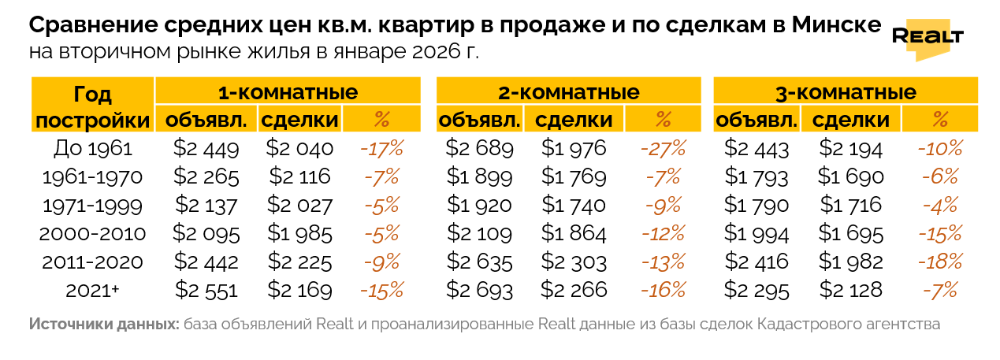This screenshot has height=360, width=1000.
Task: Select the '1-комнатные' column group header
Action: coord(288,92)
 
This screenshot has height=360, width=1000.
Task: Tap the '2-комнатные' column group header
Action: coord(568,92)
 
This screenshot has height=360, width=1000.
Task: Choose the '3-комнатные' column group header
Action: coord(846,92)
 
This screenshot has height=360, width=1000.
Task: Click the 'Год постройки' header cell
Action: coord(93,106)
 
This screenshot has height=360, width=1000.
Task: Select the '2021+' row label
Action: coord(93,290)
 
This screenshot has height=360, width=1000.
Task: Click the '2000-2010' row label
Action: coord(93,233)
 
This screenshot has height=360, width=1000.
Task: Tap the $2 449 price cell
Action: coord(206,148)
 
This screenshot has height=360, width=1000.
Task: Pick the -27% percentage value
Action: coord(663,148)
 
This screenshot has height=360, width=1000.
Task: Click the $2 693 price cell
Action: coord(479,290)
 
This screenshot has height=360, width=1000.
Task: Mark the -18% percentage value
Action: coord(939,262)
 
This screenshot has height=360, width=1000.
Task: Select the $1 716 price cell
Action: coord(851,205)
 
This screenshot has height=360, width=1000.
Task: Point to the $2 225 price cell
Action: coord(299,262)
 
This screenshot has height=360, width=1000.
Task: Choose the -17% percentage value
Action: coord(381,148)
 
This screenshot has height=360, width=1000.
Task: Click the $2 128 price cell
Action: coord(851,290)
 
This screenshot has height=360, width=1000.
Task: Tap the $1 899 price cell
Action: coord(479,176)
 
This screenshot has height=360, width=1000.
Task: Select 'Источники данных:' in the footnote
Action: coord(103,325)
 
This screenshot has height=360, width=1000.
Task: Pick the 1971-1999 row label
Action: coord(93,205)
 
